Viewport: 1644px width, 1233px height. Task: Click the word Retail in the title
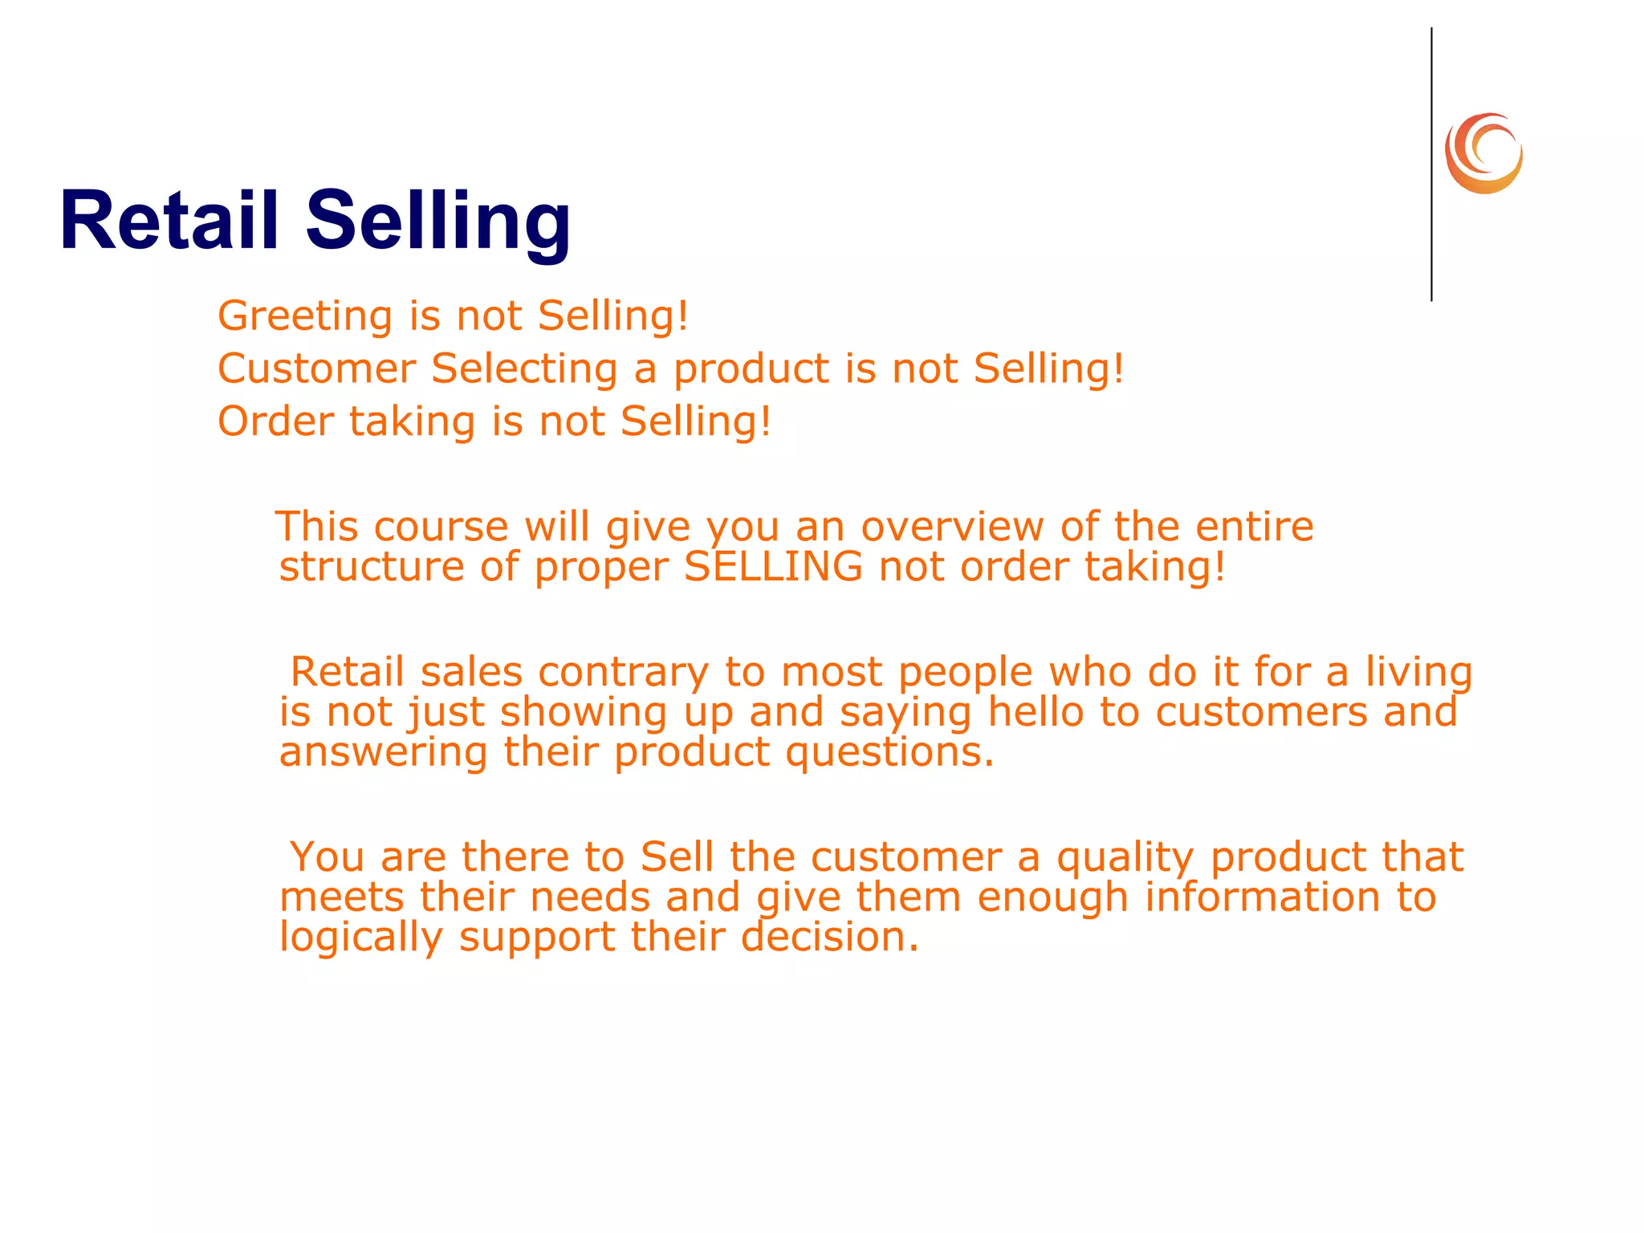point(169,221)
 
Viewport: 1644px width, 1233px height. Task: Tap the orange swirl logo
point(1483,153)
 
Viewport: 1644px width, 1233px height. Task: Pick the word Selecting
point(524,369)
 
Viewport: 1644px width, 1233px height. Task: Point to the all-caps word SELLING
point(773,567)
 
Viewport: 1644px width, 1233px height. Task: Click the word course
point(441,527)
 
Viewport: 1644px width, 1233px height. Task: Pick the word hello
point(1036,712)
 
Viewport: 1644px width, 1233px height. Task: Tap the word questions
point(889,752)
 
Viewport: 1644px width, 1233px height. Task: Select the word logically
point(360,937)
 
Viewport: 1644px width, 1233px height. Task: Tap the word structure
point(372,567)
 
